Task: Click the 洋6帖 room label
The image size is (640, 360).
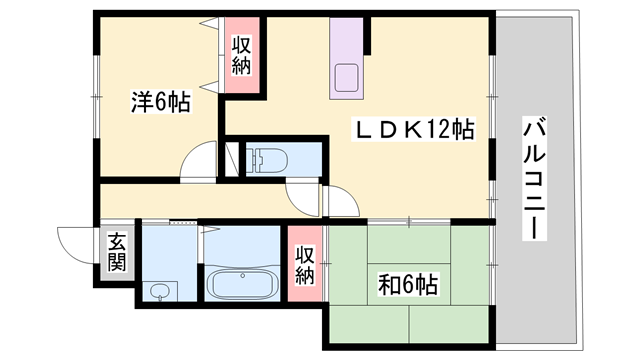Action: pos(160,102)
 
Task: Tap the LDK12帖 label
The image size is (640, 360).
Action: pos(413,129)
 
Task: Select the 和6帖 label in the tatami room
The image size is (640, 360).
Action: pos(408,285)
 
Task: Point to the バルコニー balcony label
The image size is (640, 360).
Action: pos(534,178)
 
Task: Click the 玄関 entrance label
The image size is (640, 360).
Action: pos(117,253)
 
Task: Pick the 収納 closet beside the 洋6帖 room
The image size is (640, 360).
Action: pos(241,55)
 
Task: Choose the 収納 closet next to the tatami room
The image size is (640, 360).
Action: pos(305,265)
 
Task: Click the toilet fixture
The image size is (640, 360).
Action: pos(267,160)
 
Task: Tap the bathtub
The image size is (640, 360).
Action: pos(242,284)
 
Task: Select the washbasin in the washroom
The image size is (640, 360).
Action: pos(160,292)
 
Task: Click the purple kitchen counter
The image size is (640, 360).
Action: pos(346,58)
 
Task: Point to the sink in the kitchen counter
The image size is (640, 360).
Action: pos(347,78)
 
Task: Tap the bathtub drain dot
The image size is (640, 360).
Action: pos(243,276)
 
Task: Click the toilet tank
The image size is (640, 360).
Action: pos(251,160)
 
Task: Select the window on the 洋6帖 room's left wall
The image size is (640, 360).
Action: pos(96,97)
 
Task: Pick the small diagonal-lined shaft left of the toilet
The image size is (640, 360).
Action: pos(232,159)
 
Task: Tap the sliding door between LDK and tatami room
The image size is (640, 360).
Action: pos(409,222)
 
